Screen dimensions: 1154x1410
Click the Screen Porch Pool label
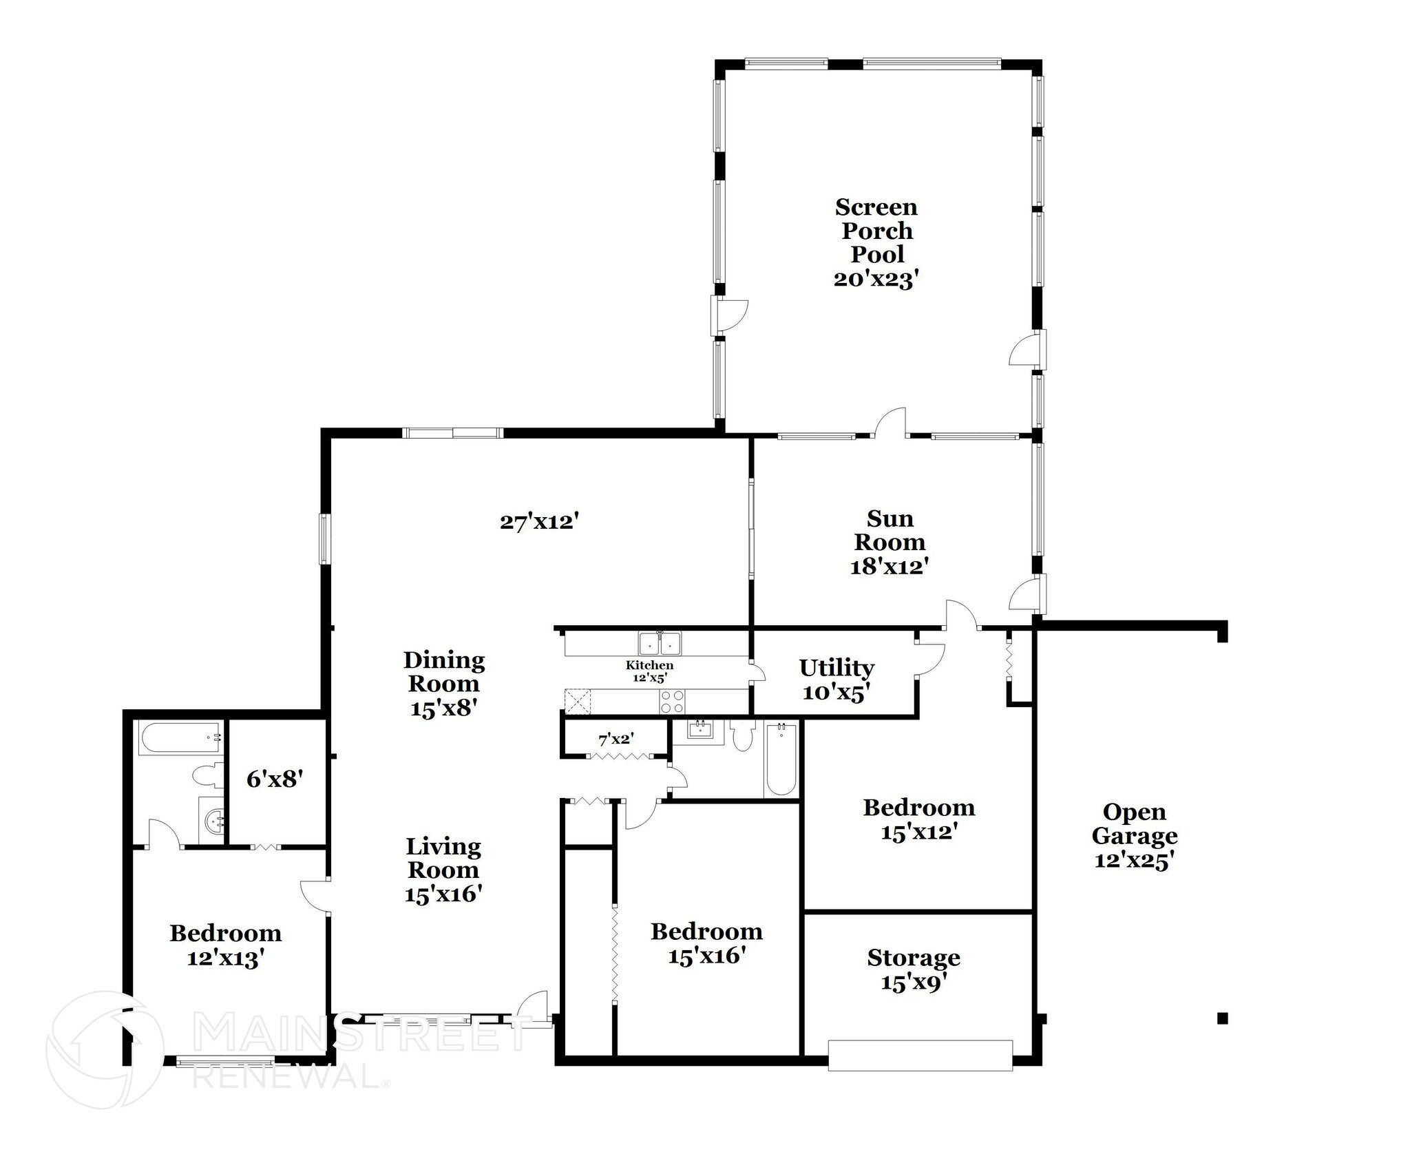click(876, 242)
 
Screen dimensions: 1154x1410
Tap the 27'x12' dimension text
click(538, 522)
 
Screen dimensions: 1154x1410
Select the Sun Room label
click(890, 542)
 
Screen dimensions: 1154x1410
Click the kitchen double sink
click(660, 644)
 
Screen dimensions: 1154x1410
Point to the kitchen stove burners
click(673, 702)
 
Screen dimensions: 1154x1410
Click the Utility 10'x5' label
click(836, 679)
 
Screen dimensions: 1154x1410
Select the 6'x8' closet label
click(275, 779)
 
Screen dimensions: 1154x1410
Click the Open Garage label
click(1134, 835)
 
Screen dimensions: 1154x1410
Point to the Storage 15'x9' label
click(913, 969)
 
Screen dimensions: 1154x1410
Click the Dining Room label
click(444, 684)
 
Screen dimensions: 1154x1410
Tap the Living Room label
click(443, 870)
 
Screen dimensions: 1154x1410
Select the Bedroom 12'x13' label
click(226, 945)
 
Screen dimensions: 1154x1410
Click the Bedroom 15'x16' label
click(706, 943)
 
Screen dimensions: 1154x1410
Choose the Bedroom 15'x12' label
click(918, 819)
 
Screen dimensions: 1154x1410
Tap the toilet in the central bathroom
click(744, 736)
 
